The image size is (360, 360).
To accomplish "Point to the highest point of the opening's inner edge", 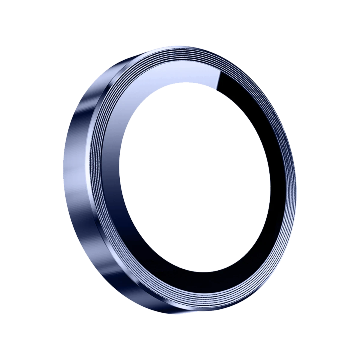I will [192, 82].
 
